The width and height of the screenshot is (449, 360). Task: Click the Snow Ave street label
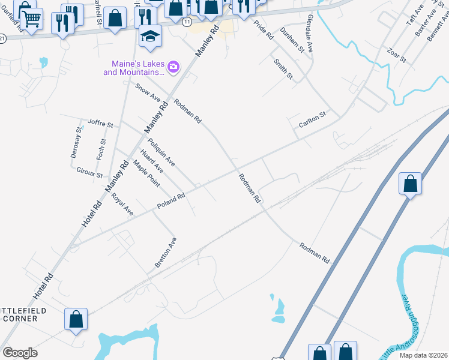[x=148, y=92]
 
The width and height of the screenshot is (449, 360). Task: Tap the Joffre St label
[x=100, y=124]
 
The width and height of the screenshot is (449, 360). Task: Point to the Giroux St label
[x=89, y=172]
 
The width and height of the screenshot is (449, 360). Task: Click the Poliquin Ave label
[x=161, y=152]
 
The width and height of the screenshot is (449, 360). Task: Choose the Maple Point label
[x=146, y=173]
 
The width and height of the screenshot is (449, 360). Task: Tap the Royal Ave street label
[x=122, y=204]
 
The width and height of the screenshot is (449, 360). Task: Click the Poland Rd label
[x=171, y=201]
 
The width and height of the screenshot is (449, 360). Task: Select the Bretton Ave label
[x=166, y=252]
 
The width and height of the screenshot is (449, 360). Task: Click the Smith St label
[x=283, y=69]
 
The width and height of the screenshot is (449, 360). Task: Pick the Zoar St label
[x=397, y=56]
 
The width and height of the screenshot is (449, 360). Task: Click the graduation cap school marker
[x=150, y=37]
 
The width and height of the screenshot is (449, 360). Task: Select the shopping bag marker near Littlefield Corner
[x=76, y=319]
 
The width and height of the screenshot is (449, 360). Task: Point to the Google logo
[x=20, y=352]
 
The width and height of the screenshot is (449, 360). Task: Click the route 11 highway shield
[x=187, y=21]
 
